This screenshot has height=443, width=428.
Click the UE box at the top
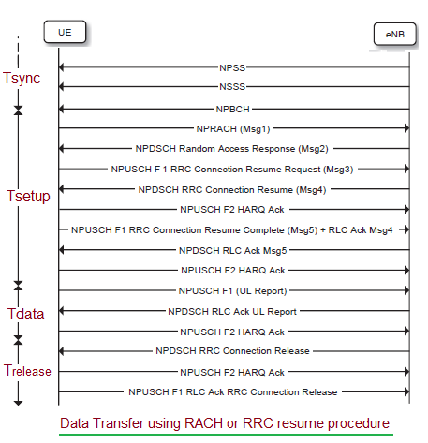click(65, 32)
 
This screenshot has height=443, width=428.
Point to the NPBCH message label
click(232, 109)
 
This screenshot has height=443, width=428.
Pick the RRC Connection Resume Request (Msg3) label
click(232, 170)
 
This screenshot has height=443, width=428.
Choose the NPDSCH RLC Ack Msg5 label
click(232, 250)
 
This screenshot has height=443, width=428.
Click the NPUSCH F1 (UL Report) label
click(233, 290)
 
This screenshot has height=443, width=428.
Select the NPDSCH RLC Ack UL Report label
click(231, 310)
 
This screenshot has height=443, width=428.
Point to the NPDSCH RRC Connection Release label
click(232, 350)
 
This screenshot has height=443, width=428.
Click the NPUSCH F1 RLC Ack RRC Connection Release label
click(232, 391)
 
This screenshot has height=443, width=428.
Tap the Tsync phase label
click(22, 77)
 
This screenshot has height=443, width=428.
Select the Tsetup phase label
click(27, 198)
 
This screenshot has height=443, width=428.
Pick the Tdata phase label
click(25, 314)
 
